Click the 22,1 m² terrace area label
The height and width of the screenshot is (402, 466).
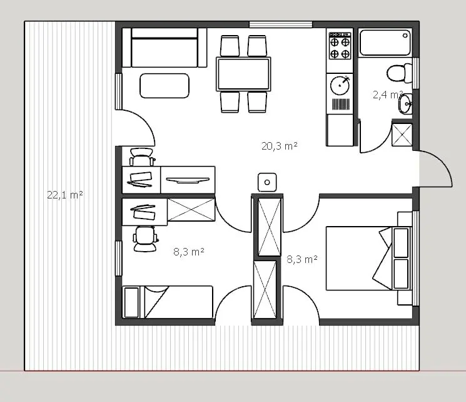[x=65, y=195]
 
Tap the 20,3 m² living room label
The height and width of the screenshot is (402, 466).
[x=280, y=146]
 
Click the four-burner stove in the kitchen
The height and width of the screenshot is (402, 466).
[x=340, y=45]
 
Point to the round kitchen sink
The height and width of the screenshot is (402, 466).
[x=340, y=85]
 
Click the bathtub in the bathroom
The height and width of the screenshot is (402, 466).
[x=385, y=43]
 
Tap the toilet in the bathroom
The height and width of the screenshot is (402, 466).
[x=399, y=73]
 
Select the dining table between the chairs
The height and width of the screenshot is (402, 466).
[x=243, y=74]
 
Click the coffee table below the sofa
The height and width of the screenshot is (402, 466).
[x=165, y=86]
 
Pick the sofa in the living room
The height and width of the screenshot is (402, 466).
[x=165, y=48]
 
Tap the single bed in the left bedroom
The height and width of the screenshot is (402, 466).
[x=168, y=302]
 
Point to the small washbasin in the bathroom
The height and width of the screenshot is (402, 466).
[x=405, y=103]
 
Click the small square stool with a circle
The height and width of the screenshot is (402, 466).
[x=267, y=182]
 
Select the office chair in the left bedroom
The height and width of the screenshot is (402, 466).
[x=145, y=239]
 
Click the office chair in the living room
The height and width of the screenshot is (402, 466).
[x=143, y=157]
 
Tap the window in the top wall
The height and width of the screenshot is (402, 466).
[x=281, y=24]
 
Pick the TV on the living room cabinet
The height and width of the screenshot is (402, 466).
[x=188, y=180]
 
